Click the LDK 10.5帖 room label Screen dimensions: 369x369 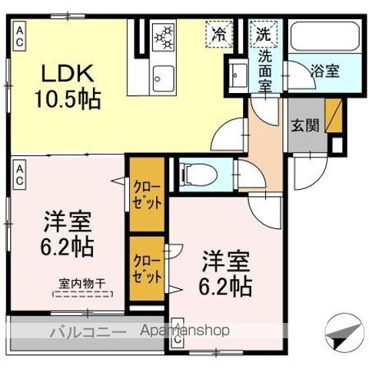click(65, 85)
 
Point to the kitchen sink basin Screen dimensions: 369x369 click(162, 75)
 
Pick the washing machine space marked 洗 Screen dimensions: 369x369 click(264, 35)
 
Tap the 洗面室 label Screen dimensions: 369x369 click(265, 67)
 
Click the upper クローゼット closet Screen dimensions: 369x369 click(145, 194)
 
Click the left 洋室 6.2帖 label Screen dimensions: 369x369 click(68, 234)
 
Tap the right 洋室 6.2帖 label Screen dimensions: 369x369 click(225, 272)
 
